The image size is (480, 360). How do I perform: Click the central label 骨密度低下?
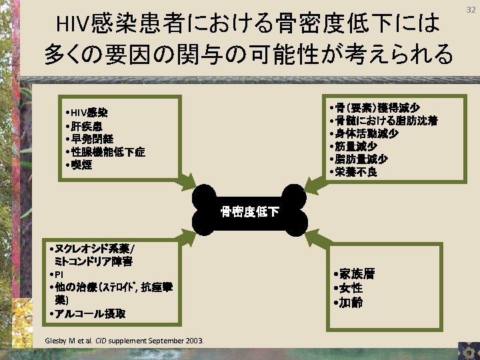(x=250, y=213)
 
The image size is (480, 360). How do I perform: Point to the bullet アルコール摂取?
(x=87, y=313)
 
